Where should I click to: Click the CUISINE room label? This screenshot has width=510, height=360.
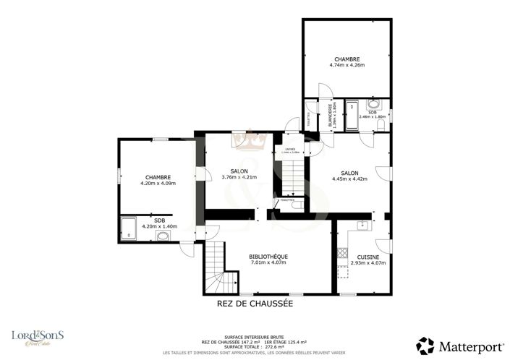coord(367,256)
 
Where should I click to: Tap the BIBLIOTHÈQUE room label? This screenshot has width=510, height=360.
coord(268,256)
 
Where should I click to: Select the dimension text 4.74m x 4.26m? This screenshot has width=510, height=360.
coord(347,65)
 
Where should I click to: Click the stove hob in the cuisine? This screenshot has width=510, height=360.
coord(341,252)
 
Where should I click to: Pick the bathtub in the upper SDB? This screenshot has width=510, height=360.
coord(352,116)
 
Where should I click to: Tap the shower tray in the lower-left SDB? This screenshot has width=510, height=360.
coord(128,228)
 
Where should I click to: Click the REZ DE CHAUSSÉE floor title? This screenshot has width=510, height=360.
coord(255,304)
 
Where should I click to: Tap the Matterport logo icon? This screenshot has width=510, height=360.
coord(425,345)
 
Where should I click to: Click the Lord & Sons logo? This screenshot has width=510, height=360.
coord(38,337)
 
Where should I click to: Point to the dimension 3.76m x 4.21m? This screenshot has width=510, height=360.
coord(229,177)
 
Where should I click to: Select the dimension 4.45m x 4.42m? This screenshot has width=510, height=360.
coord(350,179)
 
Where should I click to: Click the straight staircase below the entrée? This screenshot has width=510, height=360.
coord(291,177)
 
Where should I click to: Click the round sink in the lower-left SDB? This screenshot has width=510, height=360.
coord(163,235)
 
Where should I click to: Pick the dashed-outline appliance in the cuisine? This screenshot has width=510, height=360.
coord(342,269)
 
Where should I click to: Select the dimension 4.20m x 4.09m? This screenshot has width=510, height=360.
coord(158,183)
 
